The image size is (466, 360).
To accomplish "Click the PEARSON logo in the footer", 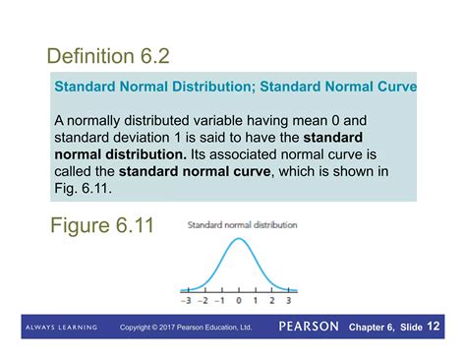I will (309, 326).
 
